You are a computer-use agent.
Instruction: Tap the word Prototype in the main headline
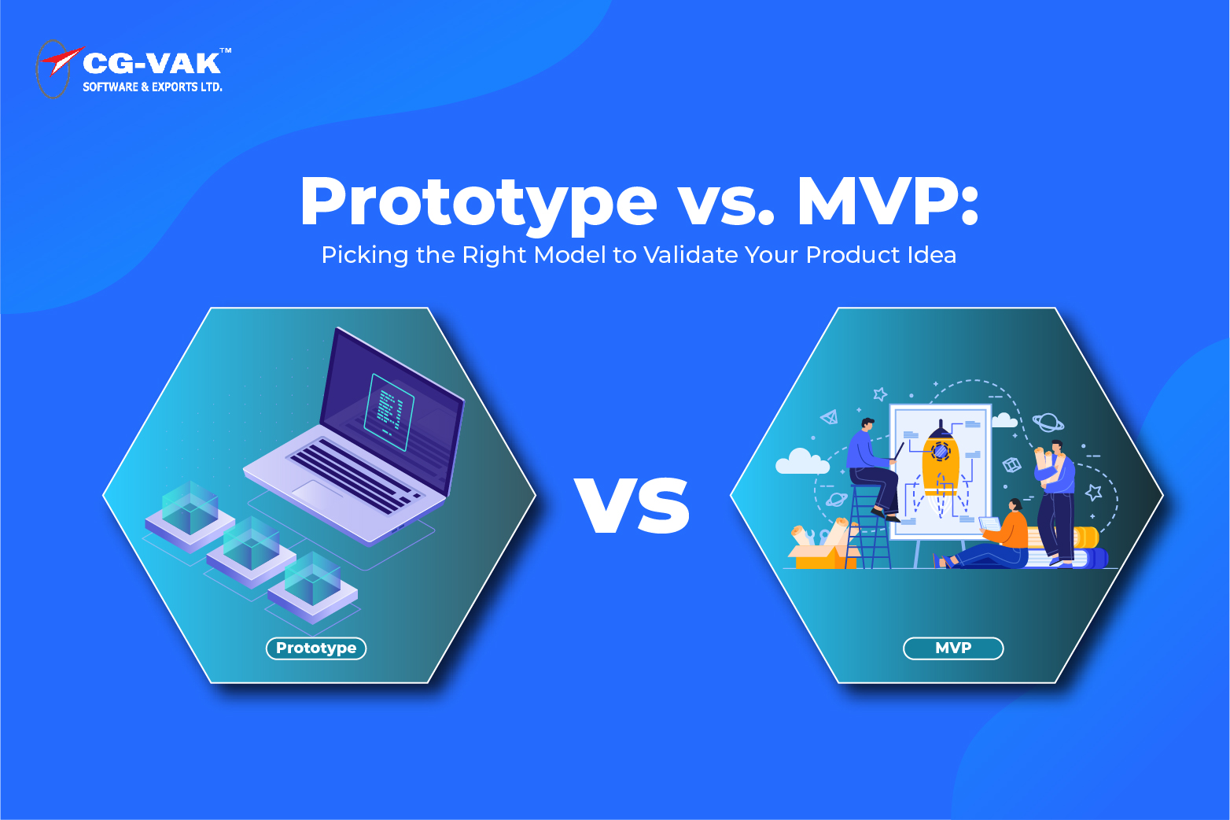(478, 201)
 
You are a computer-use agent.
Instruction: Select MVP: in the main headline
(888, 201)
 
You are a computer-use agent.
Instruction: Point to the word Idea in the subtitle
(932, 255)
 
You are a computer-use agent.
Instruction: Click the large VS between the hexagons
(633, 505)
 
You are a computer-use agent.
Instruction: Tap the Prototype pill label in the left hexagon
(316, 648)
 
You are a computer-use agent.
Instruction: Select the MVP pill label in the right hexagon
(953, 648)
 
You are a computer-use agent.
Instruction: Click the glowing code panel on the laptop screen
(390, 410)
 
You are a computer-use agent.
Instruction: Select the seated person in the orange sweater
(999, 539)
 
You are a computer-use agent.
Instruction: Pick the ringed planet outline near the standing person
(1048, 423)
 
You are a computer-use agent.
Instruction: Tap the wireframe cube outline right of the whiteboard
(1012, 465)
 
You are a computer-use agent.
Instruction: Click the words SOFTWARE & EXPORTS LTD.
(153, 87)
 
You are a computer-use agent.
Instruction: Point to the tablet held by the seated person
(989, 524)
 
